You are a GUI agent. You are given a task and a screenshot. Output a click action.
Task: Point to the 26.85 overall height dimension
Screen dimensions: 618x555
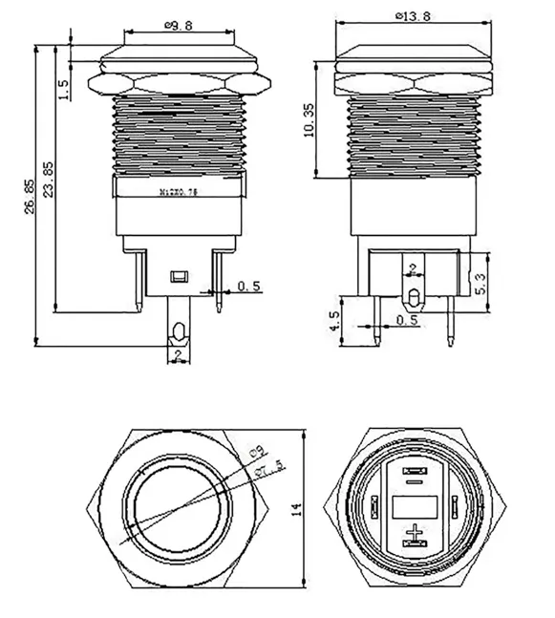click(30, 197)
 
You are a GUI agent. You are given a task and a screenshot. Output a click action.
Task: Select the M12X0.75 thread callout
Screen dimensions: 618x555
click(178, 191)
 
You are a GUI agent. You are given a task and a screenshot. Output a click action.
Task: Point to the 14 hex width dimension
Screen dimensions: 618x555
click(297, 510)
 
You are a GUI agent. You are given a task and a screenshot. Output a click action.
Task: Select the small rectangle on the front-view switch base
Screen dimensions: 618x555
click(178, 277)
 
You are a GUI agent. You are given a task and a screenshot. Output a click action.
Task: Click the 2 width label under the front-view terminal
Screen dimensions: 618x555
click(178, 356)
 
